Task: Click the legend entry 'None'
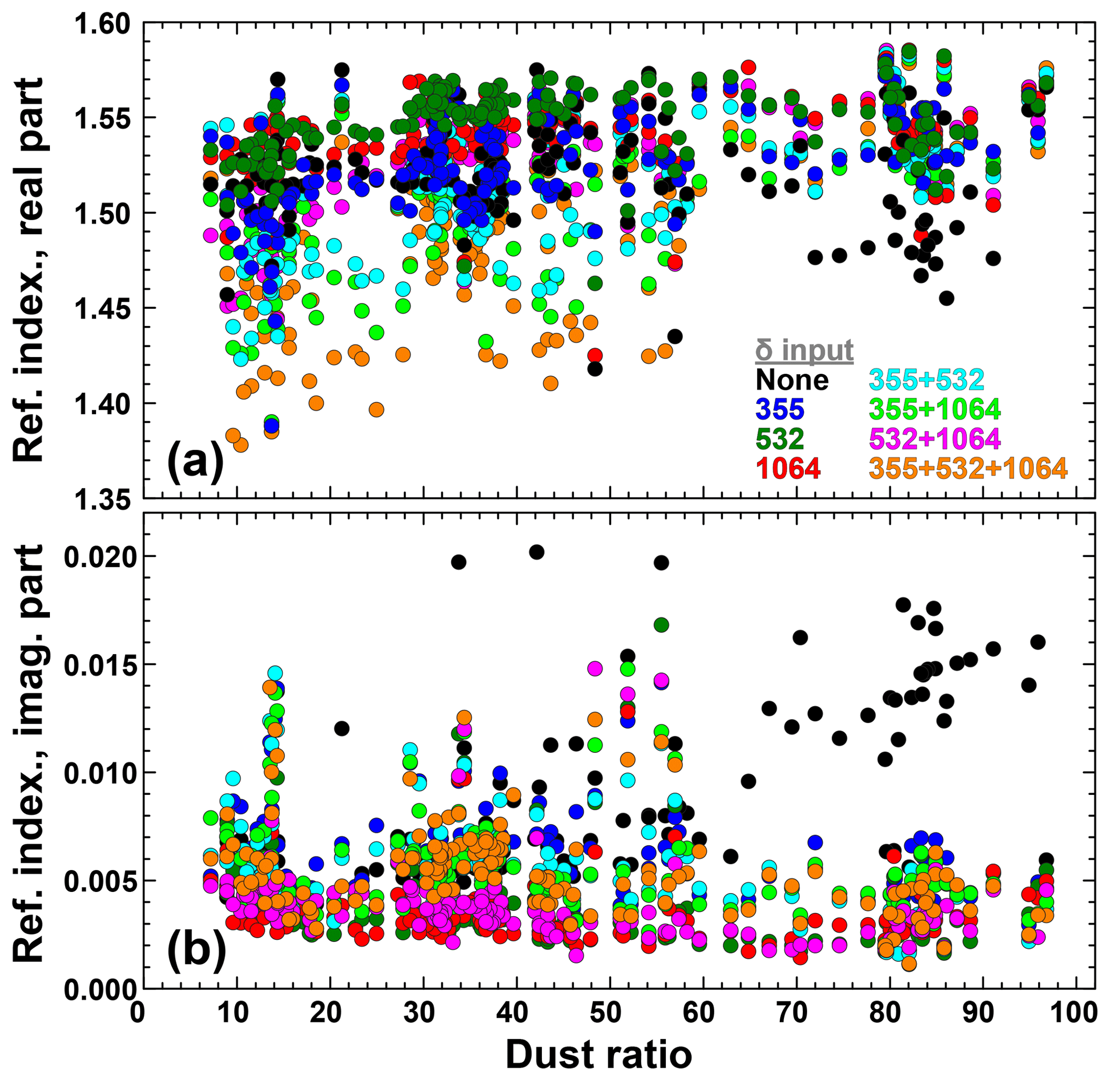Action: [x=792, y=380]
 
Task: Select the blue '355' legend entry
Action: [x=780, y=409]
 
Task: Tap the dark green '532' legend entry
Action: [x=780, y=439]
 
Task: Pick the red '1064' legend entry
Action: [x=788, y=468]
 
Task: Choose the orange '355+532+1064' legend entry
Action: [x=968, y=468]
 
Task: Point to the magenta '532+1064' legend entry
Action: [x=934, y=439]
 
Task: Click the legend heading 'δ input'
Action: [x=804, y=350]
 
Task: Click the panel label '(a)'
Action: [x=195, y=463]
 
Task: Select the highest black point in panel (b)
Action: [x=536, y=552]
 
